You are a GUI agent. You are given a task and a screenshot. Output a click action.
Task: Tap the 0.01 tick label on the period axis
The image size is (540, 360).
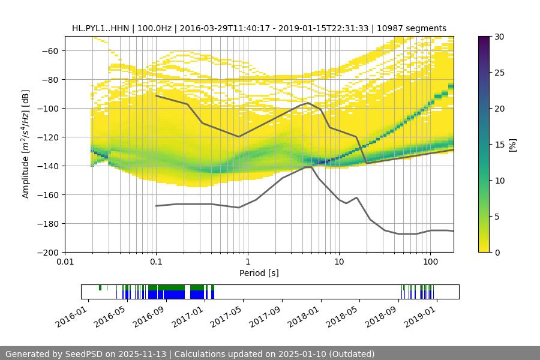pos(65,262)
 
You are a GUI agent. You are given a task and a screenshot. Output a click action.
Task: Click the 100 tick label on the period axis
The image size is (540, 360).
pos(430,262)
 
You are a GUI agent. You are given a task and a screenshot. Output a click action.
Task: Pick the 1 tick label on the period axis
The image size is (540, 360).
pos(247,262)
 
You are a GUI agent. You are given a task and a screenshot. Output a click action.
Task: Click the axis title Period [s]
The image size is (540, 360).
pos(259,273)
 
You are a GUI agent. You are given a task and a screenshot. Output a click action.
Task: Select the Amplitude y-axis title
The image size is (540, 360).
pos(25,144)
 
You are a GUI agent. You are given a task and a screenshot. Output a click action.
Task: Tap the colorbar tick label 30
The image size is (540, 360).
pos(499,37)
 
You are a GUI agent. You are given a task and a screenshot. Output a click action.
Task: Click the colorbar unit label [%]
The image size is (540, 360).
pos(512,145)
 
